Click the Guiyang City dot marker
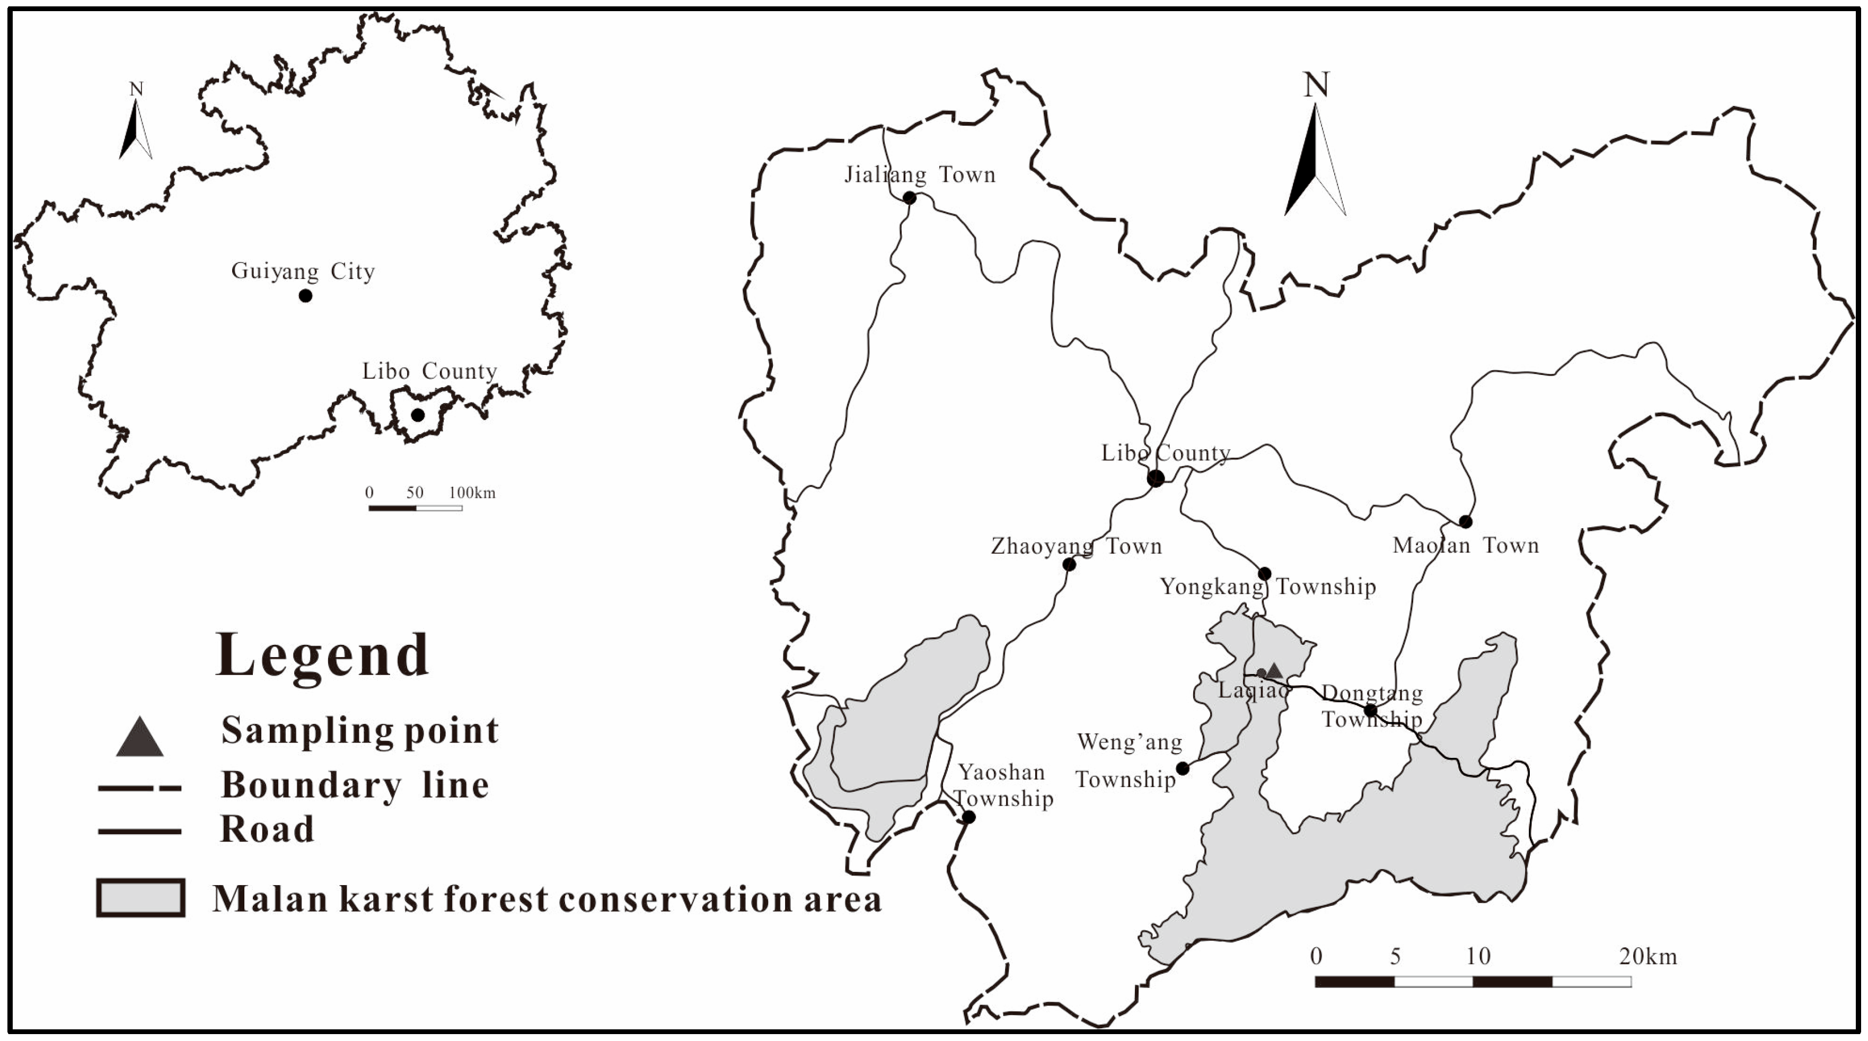pyautogui.click(x=305, y=295)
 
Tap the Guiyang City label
pyautogui.click(x=303, y=272)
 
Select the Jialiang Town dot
pyautogui.click(x=909, y=198)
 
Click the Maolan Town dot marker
pyautogui.click(x=1466, y=522)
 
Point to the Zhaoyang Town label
pyautogui.click(x=1076, y=546)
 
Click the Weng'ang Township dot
pyautogui.click(x=1183, y=768)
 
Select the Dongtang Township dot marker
pyautogui.click(x=1371, y=710)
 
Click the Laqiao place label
pyautogui.click(x=1253, y=690)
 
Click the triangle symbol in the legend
pyautogui.click(x=140, y=738)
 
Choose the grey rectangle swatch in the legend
pyautogui.click(x=140, y=898)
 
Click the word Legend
pyautogui.click(x=323, y=655)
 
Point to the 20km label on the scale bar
pyautogui.click(x=1648, y=956)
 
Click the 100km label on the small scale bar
pyautogui.click(x=472, y=493)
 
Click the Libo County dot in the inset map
pyautogui.click(x=418, y=415)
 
